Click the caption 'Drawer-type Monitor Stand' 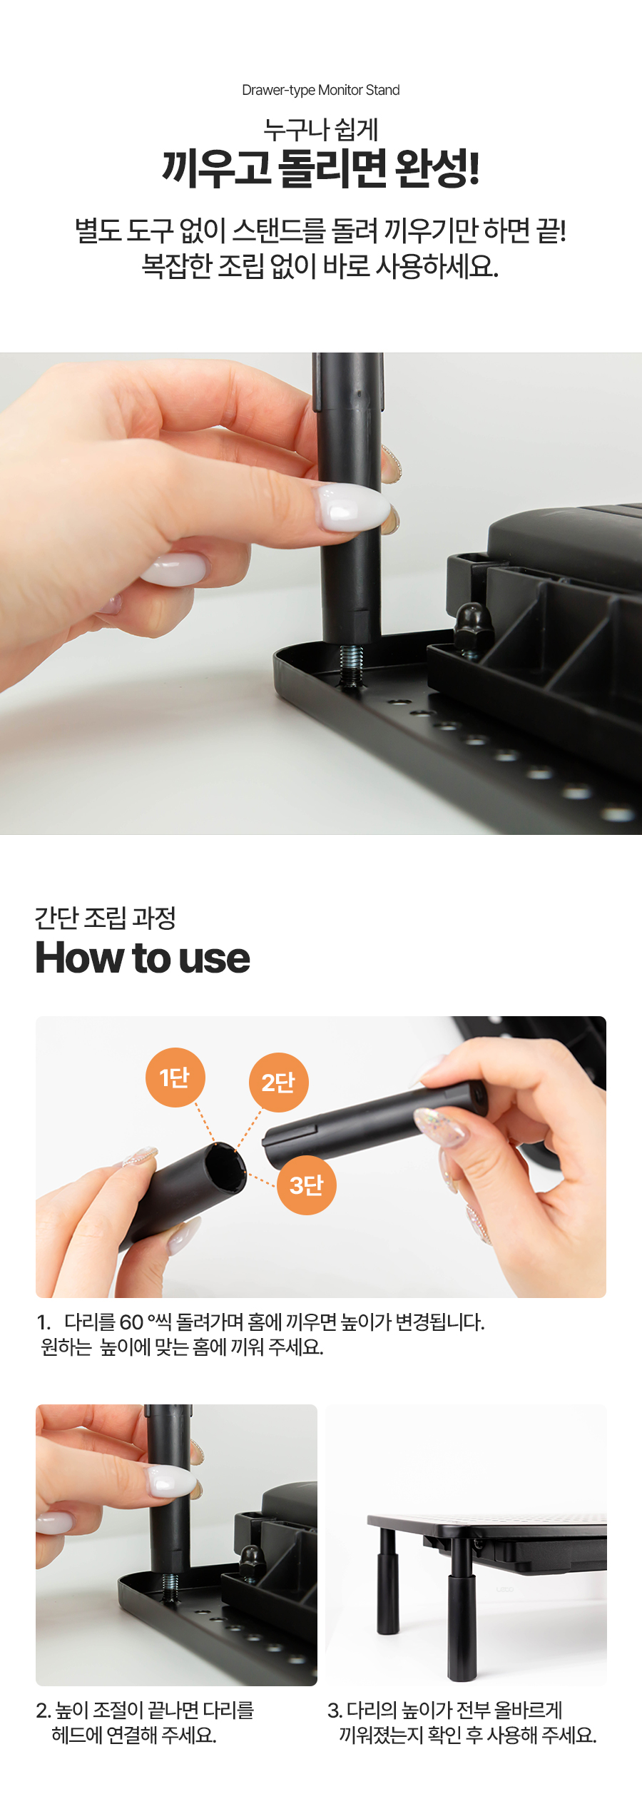[320, 90]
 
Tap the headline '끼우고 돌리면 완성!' [320, 168]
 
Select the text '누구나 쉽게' [320, 130]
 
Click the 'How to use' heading [143, 958]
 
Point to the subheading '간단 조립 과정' [106, 918]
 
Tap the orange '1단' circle [175, 1078]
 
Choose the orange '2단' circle [278, 1083]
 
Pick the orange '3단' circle [306, 1185]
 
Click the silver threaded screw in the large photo [351, 664]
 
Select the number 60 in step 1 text [132, 1322]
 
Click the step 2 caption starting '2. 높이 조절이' [145, 1723]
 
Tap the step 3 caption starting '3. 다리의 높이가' [462, 1723]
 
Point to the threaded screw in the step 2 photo [170, 1586]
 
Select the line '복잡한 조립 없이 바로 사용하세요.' [320, 266]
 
